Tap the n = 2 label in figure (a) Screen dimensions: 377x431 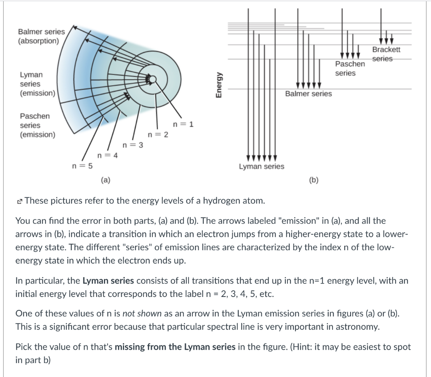click(x=158, y=135)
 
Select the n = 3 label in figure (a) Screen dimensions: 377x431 click(x=133, y=145)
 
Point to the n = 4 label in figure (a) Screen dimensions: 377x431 click(x=107, y=155)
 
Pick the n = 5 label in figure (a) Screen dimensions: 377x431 click(x=82, y=165)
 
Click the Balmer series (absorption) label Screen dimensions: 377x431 click(x=41, y=36)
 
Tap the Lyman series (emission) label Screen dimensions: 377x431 click(x=37, y=84)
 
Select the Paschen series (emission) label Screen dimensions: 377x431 click(x=37, y=125)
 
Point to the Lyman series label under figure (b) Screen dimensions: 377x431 click(x=261, y=166)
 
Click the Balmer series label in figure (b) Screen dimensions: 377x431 click(x=308, y=94)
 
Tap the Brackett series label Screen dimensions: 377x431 click(x=386, y=54)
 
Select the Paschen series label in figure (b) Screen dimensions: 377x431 click(x=350, y=69)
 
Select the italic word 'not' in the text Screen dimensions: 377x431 click(x=128, y=313)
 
